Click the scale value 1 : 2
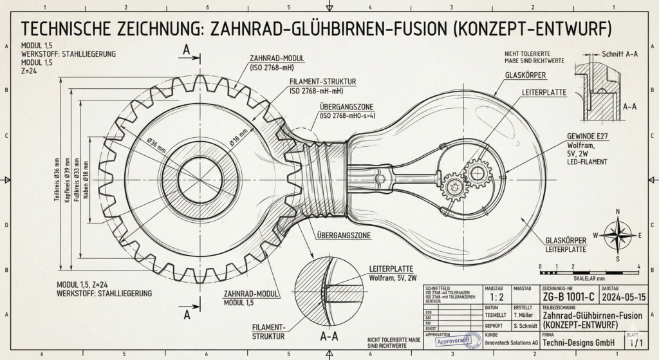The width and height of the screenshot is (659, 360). click(x=497, y=298)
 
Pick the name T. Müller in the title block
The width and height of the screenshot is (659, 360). click(x=526, y=316)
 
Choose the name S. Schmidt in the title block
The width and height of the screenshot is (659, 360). click(x=526, y=327)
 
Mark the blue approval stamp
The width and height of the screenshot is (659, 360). click(x=459, y=340)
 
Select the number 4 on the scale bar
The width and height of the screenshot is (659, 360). click(x=638, y=266)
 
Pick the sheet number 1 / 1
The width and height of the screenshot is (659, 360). click(x=636, y=342)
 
